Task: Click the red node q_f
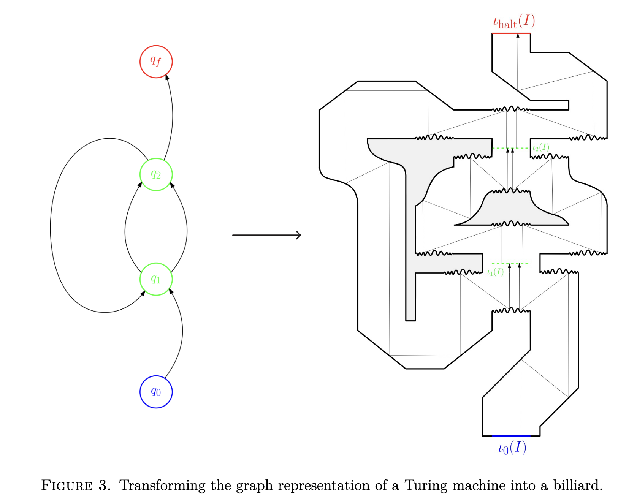[x=156, y=62]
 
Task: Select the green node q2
[x=156, y=174]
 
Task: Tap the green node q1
[x=156, y=279]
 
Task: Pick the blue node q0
[x=156, y=392]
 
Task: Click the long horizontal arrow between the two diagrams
[x=266, y=235]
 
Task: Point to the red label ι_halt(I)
[x=514, y=21]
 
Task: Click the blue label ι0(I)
[x=512, y=448]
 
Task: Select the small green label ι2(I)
[x=540, y=147]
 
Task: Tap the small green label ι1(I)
[x=495, y=272]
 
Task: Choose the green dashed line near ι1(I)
[x=509, y=263]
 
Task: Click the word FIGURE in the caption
[x=67, y=486]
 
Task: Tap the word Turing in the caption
[x=426, y=486]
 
